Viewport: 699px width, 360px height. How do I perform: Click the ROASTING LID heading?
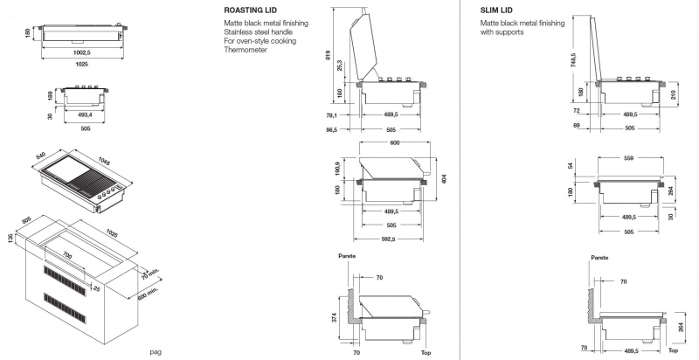[250, 10]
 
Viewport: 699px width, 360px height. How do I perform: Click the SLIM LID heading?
[496, 10]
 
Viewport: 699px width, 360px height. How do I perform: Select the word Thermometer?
[246, 50]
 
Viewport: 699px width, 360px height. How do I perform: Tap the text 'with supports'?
[502, 32]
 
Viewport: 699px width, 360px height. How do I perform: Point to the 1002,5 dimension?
[82, 52]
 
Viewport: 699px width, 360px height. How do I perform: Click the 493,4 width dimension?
[85, 115]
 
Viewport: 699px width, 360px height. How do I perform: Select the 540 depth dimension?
[40, 156]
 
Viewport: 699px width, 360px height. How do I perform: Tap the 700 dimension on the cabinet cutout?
[67, 256]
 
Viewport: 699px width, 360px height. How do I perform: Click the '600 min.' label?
[149, 291]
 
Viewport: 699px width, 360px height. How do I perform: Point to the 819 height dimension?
[329, 55]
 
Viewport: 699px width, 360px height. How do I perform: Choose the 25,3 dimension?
[340, 66]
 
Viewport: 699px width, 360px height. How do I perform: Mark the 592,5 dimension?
[388, 239]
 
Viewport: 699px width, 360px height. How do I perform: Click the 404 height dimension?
[444, 178]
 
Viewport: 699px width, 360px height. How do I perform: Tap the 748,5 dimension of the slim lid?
[573, 59]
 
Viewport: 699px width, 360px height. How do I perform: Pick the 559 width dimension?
[629, 158]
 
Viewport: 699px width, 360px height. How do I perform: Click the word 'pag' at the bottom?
[156, 352]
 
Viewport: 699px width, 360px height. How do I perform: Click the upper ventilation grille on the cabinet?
[65, 281]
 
